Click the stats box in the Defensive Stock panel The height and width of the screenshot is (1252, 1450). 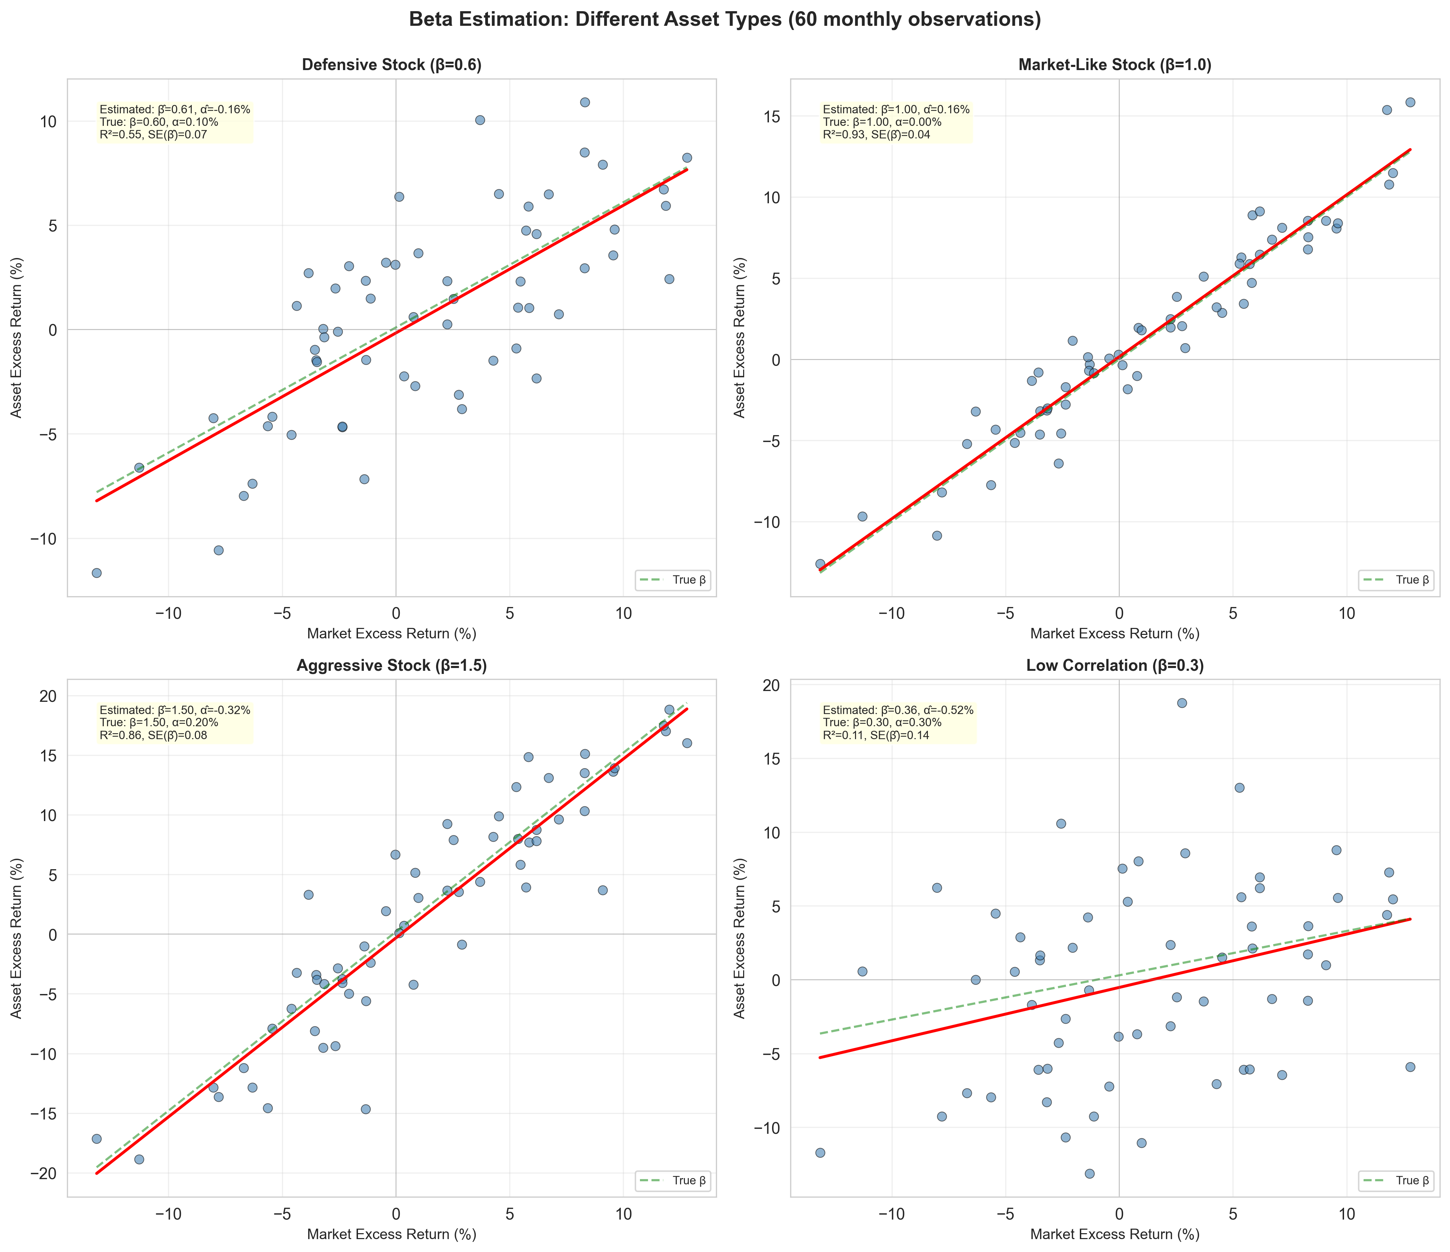point(174,122)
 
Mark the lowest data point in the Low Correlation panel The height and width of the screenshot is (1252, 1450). point(1090,1174)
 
